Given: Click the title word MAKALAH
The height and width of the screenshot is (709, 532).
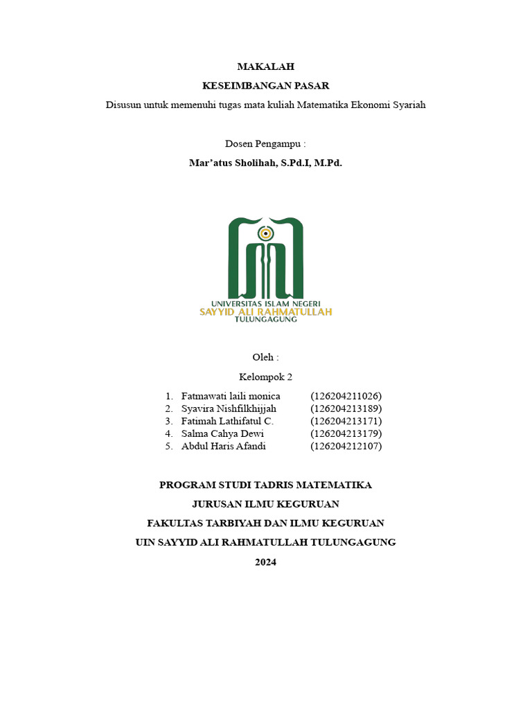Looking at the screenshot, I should tap(265, 66).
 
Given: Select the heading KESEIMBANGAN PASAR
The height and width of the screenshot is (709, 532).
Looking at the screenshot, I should tap(265, 86).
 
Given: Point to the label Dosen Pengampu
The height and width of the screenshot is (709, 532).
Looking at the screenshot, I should tap(265, 144).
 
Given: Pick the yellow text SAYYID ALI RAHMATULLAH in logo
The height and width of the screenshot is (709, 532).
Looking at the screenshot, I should tap(265, 312).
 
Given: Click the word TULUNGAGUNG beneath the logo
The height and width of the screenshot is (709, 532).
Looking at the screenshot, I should tap(265, 320).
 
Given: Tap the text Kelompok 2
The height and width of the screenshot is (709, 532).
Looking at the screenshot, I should tap(265, 377).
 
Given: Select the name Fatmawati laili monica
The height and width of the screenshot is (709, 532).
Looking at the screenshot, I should tap(231, 396).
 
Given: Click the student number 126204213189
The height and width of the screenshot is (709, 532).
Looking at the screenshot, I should tap(346, 409).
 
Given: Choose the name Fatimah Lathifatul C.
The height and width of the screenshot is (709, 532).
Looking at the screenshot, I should tap(227, 421).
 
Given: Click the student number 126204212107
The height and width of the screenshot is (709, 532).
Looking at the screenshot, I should tap(346, 446).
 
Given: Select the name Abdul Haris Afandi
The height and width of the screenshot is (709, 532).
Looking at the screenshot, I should tap(223, 446).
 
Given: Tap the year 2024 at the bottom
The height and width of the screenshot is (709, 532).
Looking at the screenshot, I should tap(265, 562).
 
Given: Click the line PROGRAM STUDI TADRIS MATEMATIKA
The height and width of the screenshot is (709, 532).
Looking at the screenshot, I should tap(265, 485).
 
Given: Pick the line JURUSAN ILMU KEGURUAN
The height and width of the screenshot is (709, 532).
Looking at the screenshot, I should tap(265, 504).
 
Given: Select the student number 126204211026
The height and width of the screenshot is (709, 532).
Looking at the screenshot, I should tap(346, 396).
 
